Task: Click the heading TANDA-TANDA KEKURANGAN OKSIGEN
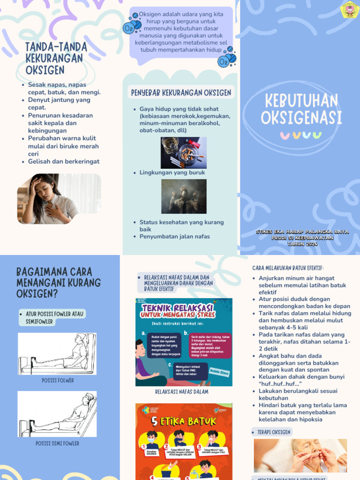click(x=56, y=58)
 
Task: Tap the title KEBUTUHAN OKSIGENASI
click(x=301, y=109)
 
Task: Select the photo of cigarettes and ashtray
click(x=183, y=152)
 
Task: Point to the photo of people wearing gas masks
click(x=183, y=196)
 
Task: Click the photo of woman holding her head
click(x=59, y=199)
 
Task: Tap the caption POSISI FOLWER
click(x=58, y=381)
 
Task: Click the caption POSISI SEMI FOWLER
click(x=57, y=443)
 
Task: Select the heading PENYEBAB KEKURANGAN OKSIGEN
click(x=180, y=93)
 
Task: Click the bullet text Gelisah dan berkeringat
click(x=63, y=162)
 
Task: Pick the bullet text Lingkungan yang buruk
click(x=172, y=172)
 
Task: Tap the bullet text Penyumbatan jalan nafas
click(x=174, y=237)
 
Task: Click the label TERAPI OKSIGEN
click(x=274, y=432)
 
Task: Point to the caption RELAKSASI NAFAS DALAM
click(x=181, y=392)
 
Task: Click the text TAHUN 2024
click(x=302, y=244)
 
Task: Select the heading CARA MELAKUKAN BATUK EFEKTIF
click(x=288, y=268)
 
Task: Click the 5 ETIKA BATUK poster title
click(x=183, y=420)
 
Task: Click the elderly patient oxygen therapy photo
click(x=300, y=455)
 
